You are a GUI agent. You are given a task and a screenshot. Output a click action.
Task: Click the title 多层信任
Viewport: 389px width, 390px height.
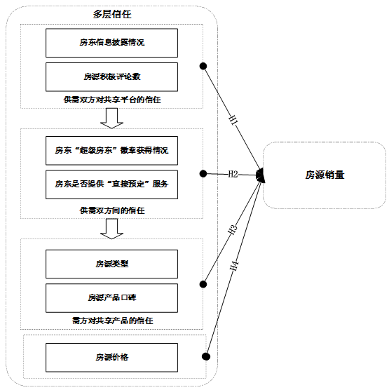tap(112, 14)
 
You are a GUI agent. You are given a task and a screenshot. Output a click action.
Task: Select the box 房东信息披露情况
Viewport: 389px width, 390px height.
tap(111, 43)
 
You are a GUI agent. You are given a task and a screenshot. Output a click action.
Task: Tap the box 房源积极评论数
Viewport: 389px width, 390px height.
tap(111, 77)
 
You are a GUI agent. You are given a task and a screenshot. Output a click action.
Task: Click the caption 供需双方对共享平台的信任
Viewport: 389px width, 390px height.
tap(112, 100)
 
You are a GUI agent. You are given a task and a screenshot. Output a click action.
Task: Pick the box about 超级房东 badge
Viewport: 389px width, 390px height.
tap(111, 151)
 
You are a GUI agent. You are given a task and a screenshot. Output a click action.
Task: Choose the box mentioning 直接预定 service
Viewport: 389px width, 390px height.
tap(111, 184)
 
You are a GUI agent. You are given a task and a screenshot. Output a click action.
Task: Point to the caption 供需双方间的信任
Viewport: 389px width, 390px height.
tap(112, 210)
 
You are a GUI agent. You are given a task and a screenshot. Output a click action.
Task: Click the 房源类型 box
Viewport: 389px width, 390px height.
tap(111, 264)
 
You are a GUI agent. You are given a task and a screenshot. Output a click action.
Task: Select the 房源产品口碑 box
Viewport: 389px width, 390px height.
tap(111, 298)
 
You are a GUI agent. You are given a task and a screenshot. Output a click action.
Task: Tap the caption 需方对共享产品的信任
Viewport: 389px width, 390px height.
tap(112, 321)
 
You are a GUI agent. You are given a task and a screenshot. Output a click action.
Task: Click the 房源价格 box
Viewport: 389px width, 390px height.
tap(111, 358)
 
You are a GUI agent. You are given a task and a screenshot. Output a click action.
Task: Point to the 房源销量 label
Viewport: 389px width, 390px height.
tap(325, 175)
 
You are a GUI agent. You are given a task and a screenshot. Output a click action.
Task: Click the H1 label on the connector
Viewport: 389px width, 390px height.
tap(233, 120)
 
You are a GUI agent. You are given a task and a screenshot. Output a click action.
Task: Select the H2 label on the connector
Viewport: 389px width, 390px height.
tap(233, 175)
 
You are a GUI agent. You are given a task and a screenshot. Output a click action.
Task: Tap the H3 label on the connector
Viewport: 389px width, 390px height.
tap(233, 229)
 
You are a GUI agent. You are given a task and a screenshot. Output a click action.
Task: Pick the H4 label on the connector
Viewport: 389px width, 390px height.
tap(234, 266)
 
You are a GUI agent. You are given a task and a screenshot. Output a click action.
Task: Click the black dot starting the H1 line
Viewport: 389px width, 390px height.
tap(203, 66)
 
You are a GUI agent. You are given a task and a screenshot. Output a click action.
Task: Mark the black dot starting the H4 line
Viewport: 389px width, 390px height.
tap(206, 356)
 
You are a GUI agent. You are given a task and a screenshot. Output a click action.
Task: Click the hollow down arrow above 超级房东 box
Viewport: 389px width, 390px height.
tap(111, 118)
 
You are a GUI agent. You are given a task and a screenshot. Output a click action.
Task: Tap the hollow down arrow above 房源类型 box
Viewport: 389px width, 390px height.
tap(111, 229)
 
